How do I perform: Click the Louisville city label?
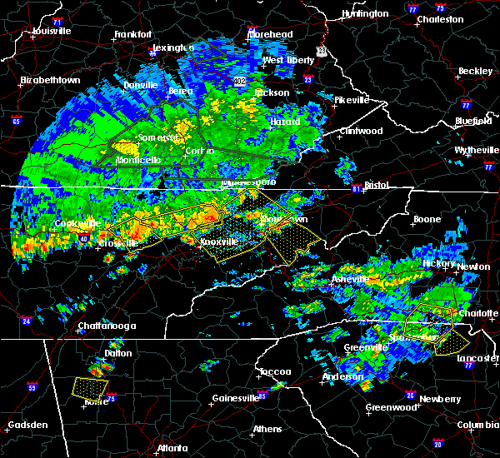[x=52, y=31]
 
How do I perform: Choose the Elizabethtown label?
[x=51, y=80]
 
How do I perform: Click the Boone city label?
[x=427, y=220]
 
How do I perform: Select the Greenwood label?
[x=391, y=407]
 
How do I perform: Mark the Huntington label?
[x=365, y=14]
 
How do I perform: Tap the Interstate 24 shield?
[x=27, y=321]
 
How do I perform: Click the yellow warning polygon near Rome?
[x=90, y=388]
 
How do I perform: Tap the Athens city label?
[x=267, y=430]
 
